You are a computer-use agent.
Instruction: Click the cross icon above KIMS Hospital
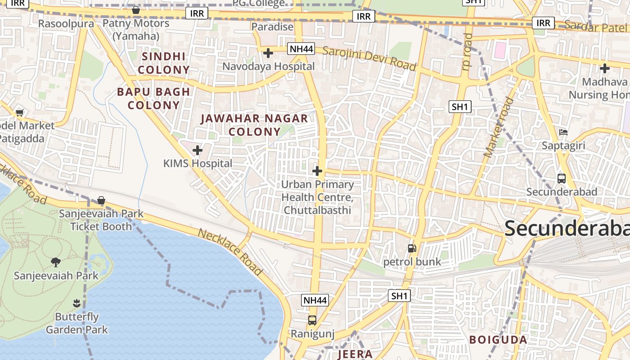point(198,150)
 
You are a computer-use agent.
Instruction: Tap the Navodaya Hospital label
point(269,67)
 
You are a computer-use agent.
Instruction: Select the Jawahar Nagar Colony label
point(255,125)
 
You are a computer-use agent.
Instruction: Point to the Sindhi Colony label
point(163,63)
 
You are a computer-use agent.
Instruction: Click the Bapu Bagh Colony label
point(153,99)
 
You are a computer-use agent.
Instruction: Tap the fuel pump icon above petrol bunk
point(411,248)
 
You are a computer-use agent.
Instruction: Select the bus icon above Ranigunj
point(312,320)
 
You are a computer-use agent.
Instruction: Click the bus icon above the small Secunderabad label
point(562,179)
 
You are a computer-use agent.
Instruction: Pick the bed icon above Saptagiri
point(563,132)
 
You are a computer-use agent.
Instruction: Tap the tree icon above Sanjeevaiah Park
point(56,262)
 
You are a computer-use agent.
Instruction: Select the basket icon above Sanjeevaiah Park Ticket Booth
point(101,200)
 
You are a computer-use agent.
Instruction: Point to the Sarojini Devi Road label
point(369,58)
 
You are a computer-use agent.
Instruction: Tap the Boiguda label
point(498,340)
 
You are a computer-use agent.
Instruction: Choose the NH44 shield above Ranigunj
point(315,300)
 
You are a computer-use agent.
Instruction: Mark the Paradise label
point(272,27)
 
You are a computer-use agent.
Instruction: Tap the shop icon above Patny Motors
point(136,10)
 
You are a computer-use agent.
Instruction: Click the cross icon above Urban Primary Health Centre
point(317,171)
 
